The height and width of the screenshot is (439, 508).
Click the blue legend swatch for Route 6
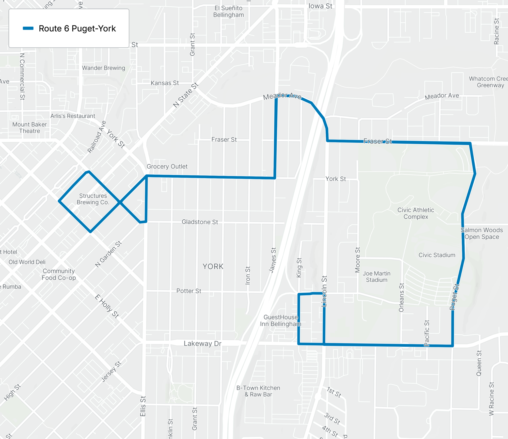(x=28, y=28)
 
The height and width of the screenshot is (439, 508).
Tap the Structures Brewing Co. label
(x=93, y=199)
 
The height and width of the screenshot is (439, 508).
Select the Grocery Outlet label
(x=167, y=166)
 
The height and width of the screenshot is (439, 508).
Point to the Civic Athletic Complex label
(x=416, y=213)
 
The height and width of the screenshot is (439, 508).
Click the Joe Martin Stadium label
(x=376, y=277)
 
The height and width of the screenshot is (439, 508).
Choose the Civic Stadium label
(x=437, y=255)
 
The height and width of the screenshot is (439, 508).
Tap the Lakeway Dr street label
(x=202, y=343)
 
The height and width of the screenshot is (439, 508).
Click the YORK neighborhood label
(x=213, y=266)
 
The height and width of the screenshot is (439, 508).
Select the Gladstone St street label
(x=200, y=222)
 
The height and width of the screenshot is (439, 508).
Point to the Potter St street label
(x=189, y=291)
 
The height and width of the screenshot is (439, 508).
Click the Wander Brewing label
(x=103, y=68)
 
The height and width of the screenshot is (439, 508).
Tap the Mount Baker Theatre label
(x=29, y=128)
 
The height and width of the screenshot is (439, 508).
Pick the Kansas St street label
(x=165, y=83)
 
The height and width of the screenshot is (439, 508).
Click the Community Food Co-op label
(x=59, y=274)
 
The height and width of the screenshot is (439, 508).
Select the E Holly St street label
(x=107, y=306)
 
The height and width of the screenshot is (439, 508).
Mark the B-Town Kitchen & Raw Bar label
(x=258, y=391)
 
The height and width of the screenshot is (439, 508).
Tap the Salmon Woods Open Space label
(x=482, y=233)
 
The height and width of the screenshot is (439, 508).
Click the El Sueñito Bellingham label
(x=228, y=11)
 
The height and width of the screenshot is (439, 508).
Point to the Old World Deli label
(x=27, y=262)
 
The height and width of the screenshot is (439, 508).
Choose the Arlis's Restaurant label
(x=73, y=116)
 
